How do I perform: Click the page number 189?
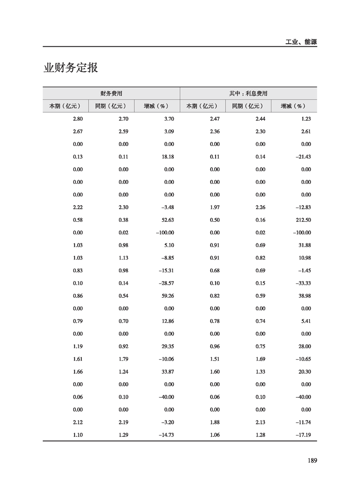(x=311, y=460)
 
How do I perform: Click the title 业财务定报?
(x=71, y=68)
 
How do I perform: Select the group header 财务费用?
(x=111, y=94)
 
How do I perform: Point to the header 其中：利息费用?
(x=248, y=94)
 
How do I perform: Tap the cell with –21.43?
(x=302, y=157)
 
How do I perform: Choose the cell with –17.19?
(x=302, y=435)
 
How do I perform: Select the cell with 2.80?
(x=78, y=119)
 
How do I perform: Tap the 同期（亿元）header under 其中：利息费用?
(x=248, y=106)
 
